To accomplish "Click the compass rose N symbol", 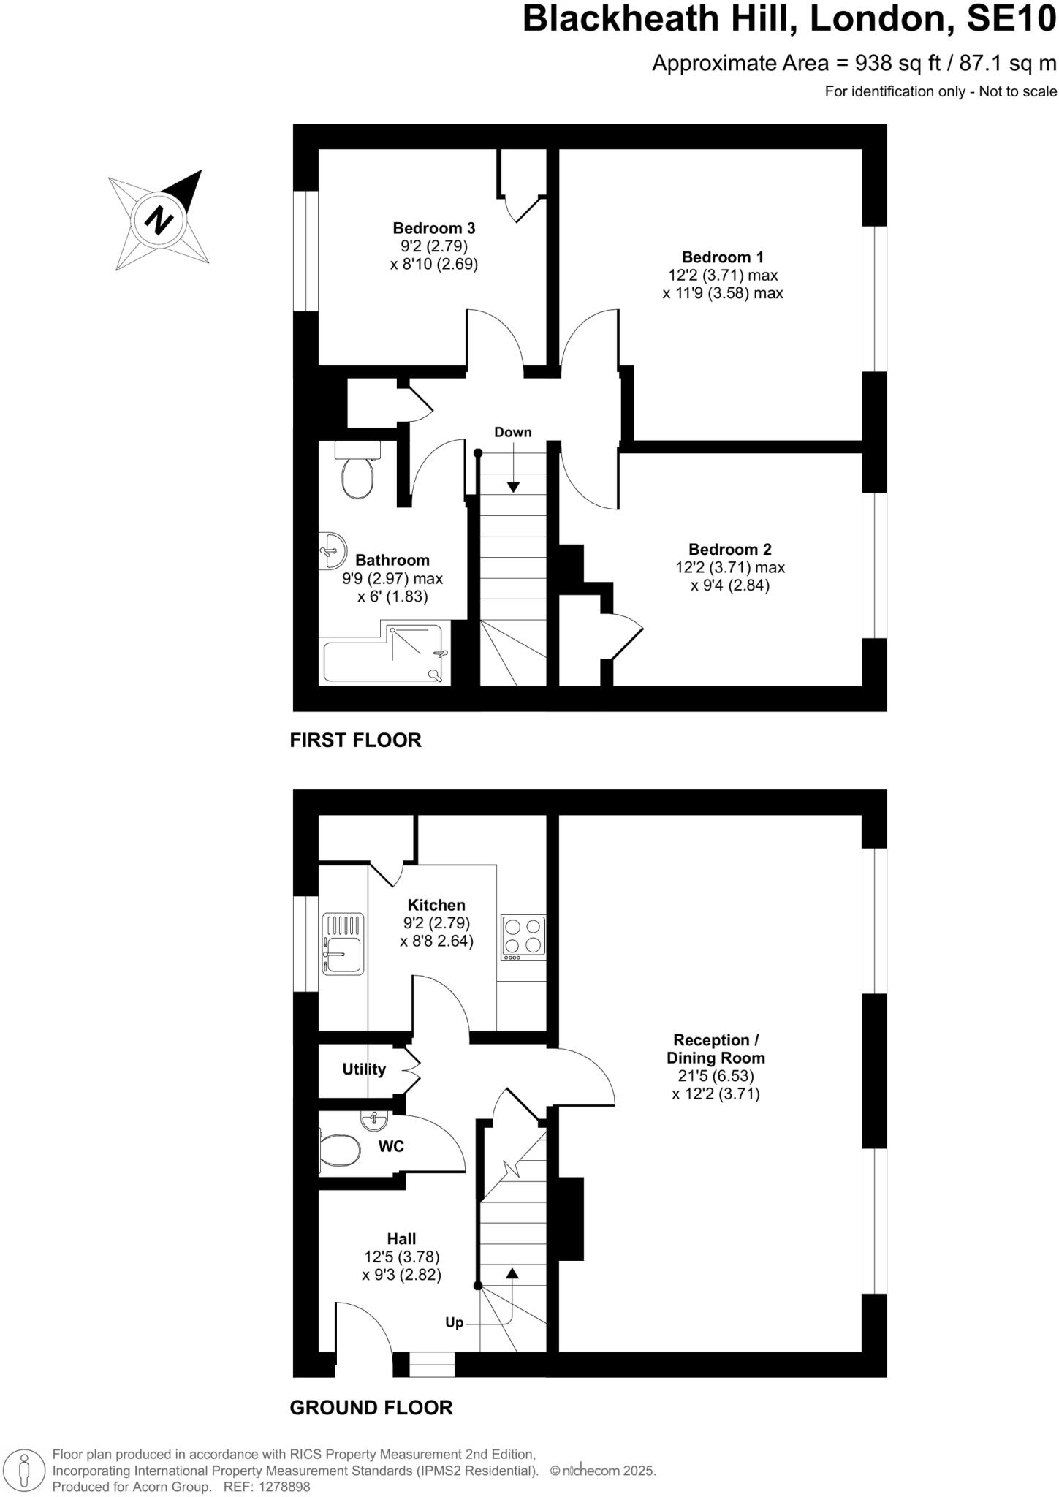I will [159, 220].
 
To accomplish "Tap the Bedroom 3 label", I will [433, 228].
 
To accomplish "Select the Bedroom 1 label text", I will [722, 257].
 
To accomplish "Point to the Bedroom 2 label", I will [729, 549].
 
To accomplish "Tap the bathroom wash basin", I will [333, 550].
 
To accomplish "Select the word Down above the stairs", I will [512, 432].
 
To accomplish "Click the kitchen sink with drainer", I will [343, 944].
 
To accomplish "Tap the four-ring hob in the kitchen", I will [523, 936].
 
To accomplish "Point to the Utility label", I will [364, 1069].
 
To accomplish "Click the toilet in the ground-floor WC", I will [340, 1151].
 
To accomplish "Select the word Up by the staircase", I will [454, 1322].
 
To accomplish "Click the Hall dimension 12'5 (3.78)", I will [401, 1257].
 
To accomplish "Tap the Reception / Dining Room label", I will [716, 1049].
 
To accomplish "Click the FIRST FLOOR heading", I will [355, 740].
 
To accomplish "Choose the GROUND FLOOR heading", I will [371, 1407].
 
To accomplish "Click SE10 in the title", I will [1011, 20].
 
